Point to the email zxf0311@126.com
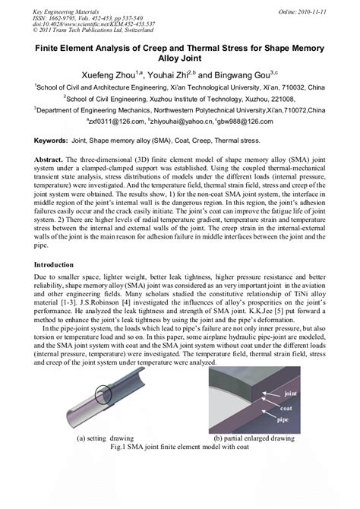click(x=113, y=121)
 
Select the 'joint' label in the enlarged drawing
click(x=289, y=394)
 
